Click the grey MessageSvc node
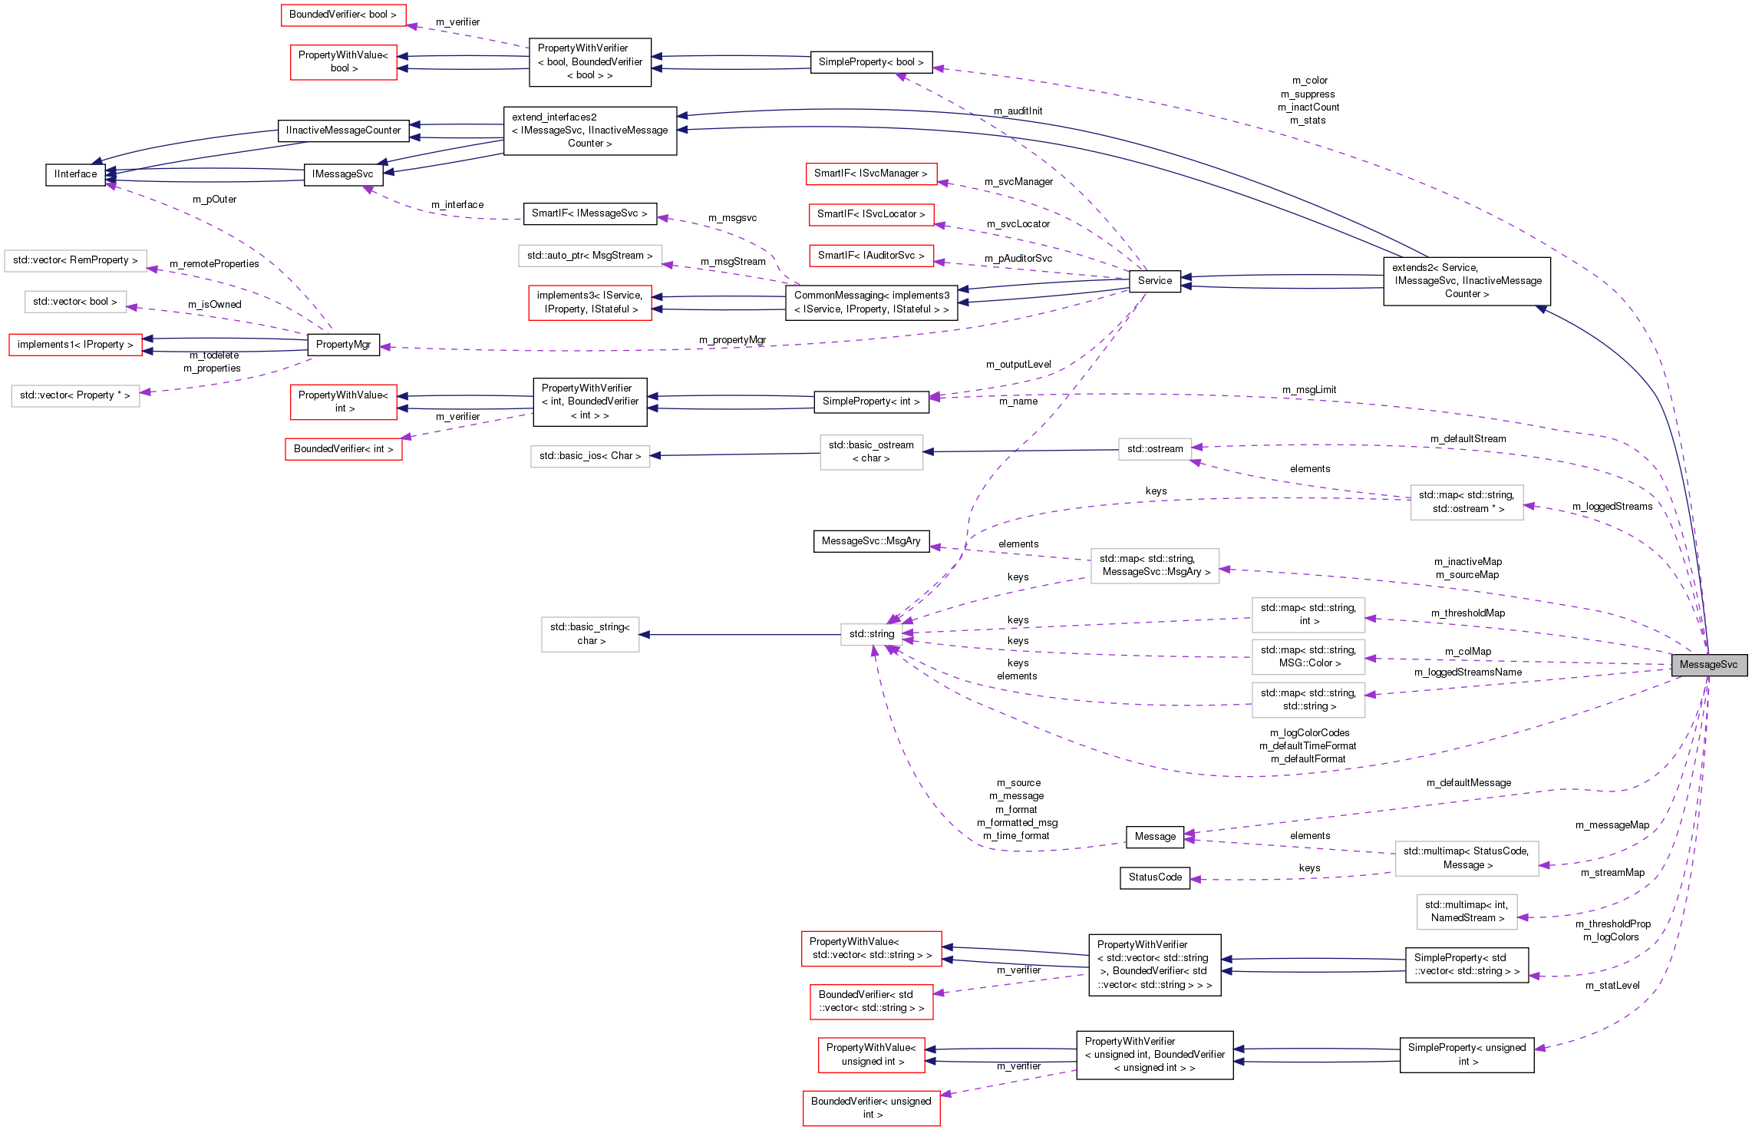tap(1708, 665)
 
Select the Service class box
tap(1154, 281)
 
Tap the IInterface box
tap(75, 174)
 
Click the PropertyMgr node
tap(343, 345)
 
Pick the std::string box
tap(871, 634)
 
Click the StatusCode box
tap(1154, 877)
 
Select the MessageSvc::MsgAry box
tap(870, 541)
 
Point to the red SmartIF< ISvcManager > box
tap(870, 173)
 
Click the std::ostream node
tap(1154, 449)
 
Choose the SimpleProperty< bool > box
tap(870, 62)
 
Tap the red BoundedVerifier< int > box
tap(343, 449)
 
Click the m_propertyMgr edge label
tap(732, 340)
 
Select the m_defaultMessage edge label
tap(1468, 783)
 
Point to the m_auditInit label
tap(1018, 111)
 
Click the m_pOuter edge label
tap(214, 200)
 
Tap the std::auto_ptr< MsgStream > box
tap(589, 256)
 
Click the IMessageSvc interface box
tap(342, 174)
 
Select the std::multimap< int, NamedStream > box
tap(1466, 911)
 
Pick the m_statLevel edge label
tap(1612, 986)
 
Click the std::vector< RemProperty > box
tap(75, 260)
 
